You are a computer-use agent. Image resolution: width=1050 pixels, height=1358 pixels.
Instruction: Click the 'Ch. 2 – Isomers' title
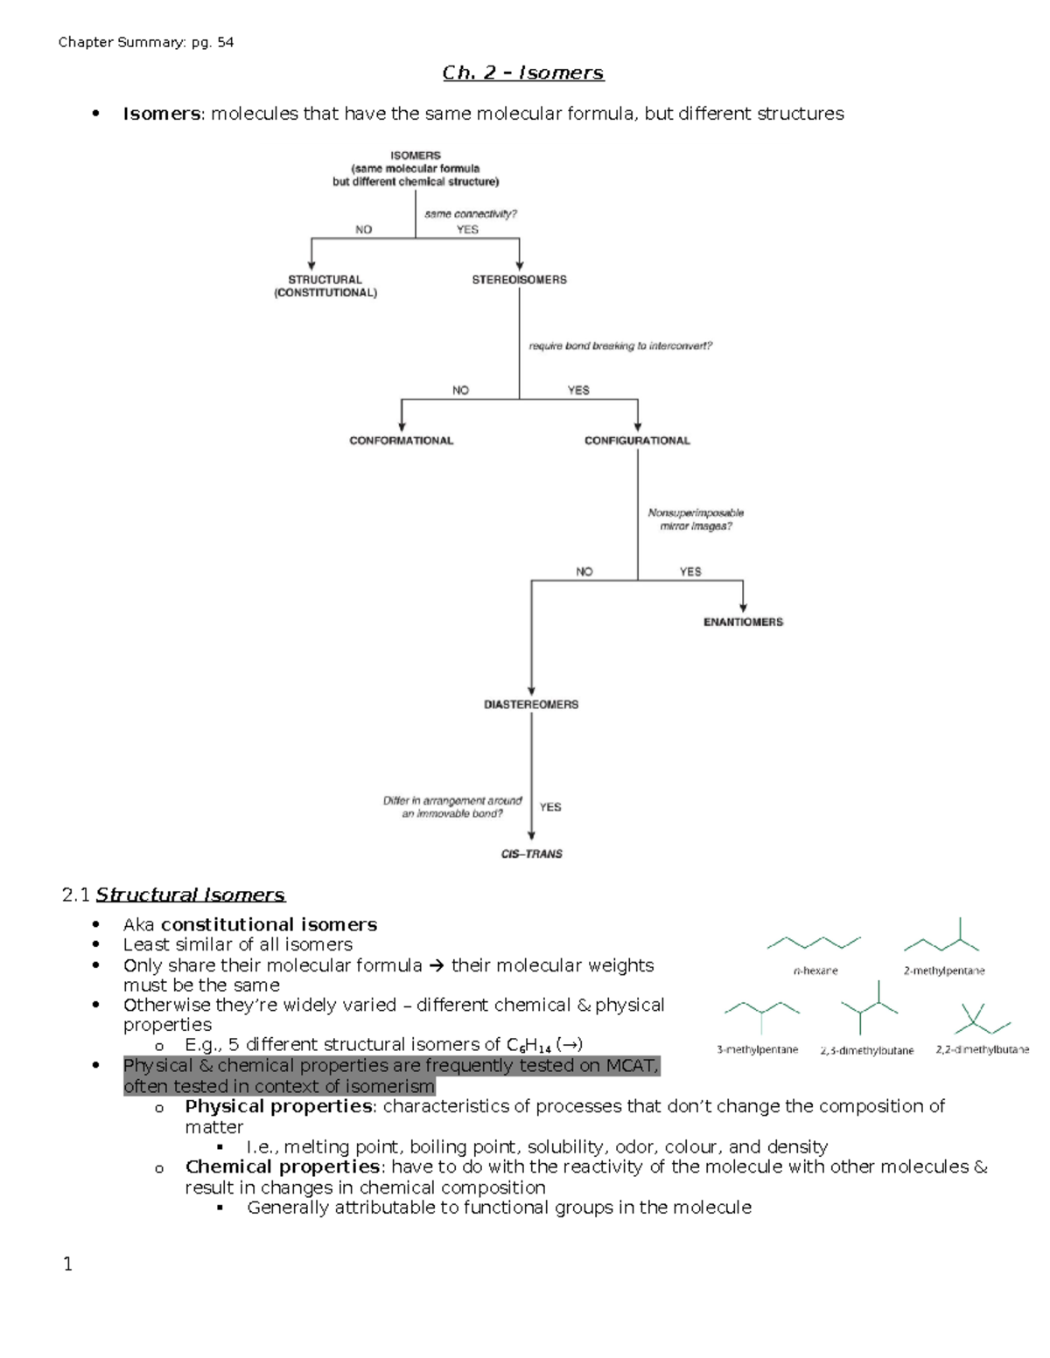[x=523, y=73]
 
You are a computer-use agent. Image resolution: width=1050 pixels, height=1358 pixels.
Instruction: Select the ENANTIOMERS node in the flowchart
[x=743, y=622]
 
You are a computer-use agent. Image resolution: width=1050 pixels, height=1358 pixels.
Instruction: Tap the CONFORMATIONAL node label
[x=401, y=441]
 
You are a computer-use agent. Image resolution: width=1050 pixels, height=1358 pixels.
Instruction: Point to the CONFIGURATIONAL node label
[x=637, y=441]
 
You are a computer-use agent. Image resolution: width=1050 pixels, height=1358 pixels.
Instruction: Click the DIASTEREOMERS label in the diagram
[x=531, y=704]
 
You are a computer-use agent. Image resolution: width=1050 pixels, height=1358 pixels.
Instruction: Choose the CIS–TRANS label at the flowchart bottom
[x=531, y=853]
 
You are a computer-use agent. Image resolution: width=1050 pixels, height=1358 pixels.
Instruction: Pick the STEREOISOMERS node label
[x=519, y=280]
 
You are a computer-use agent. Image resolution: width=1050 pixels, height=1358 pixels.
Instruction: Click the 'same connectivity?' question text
[x=471, y=213]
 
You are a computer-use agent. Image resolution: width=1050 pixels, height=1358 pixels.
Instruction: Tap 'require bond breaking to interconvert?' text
[x=620, y=346]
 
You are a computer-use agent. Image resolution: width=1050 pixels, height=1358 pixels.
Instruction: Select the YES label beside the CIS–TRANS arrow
[x=550, y=807]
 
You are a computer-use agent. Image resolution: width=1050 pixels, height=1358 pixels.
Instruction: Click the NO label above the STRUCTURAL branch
[x=363, y=229]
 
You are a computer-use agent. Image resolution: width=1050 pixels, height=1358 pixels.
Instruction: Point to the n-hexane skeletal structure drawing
[x=814, y=942]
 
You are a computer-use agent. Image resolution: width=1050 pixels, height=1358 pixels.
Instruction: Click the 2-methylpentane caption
[x=944, y=971]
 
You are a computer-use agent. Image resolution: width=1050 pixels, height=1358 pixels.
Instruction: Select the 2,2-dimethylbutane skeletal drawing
[x=982, y=1018]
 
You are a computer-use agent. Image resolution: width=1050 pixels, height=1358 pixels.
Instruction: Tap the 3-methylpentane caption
[x=757, y=1049]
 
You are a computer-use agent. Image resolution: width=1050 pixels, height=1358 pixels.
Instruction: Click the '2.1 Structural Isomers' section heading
[x=173, y=895]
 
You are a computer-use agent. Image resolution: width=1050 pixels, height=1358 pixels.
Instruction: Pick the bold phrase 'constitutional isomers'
[x=269, y=924]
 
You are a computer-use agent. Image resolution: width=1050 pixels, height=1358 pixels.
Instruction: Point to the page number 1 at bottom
[x=68, y=1264]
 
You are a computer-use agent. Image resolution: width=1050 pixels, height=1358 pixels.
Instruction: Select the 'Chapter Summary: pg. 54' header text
[x=146, y=42]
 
